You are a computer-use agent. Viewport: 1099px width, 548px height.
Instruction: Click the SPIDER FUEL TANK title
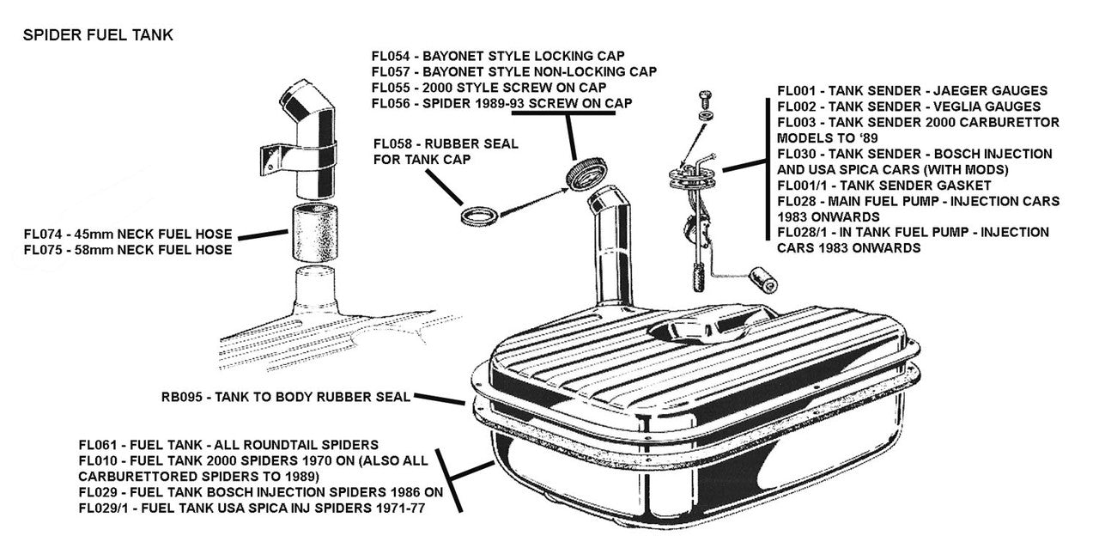(98, 35)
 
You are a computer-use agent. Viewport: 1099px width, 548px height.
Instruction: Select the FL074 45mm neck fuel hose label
(128, 234)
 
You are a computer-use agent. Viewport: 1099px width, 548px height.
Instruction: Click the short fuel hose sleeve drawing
(315, 233)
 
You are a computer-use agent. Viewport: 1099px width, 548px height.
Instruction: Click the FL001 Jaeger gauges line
(912, 90)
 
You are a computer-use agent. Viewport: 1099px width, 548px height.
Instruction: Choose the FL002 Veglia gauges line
(908, 107)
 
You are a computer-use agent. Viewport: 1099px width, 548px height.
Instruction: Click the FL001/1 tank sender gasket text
(884, 186)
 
